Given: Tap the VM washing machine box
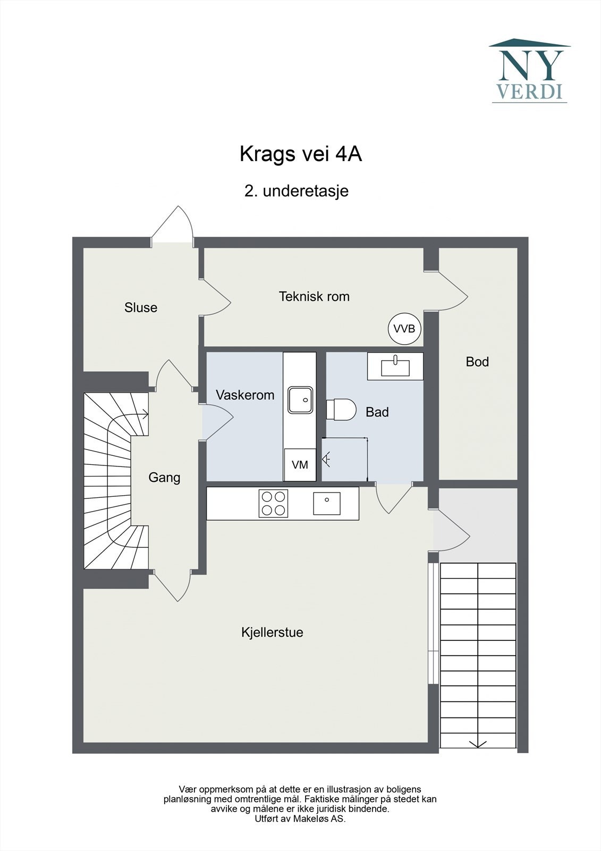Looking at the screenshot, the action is point(300,465).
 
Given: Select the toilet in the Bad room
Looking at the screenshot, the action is point(341,410).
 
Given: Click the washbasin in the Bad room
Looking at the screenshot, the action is point(395,366).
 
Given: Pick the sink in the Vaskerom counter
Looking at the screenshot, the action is point(300,400).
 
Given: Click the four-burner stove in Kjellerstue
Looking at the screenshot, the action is point(273,503).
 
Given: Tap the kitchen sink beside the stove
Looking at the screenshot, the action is point(326,503).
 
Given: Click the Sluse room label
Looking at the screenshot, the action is point(141,307).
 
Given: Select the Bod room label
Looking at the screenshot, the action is point(477,362).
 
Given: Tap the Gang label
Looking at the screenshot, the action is point(164,478).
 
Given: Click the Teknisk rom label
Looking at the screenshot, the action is point(315,296).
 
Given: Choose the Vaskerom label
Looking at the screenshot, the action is point(246,395).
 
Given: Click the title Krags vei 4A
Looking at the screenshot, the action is point(301,154).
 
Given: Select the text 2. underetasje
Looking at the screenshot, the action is point(297,191).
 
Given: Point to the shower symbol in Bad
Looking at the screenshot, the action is point(326,460).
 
